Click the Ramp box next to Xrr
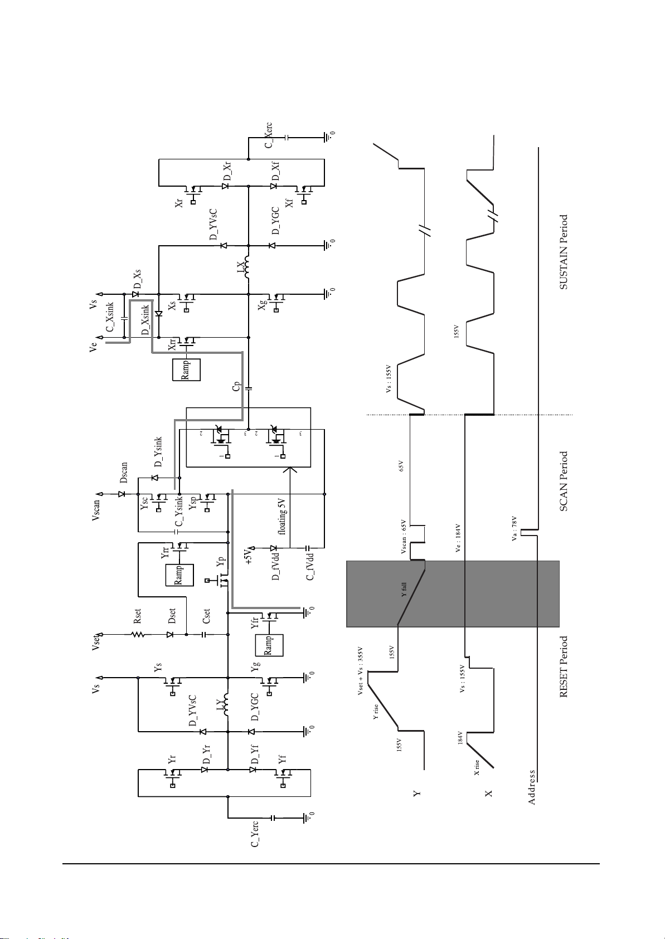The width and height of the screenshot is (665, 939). [x=186, y=369]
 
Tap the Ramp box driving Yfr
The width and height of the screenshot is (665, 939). [x=269, y=645]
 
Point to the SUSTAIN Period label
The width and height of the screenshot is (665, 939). [x=564, y=252]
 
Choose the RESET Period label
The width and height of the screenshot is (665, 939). [x=564, y=666]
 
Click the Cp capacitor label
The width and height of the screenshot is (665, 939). [x=236, y=386]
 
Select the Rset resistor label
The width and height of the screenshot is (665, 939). [x=137, y=615]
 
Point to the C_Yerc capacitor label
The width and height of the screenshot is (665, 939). [x=254, y=833]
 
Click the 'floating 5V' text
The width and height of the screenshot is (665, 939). [x=283, y=516]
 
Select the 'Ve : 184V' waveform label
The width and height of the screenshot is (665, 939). [x=457, y=538]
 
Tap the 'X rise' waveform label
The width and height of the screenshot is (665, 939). [x=477, y=767]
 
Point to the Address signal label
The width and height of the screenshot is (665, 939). [x=532, y=787]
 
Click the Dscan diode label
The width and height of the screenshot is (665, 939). [x=124, y=473]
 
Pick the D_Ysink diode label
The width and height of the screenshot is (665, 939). [x=159, y=452]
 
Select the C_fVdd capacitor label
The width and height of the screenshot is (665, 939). [x=310, y=566]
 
